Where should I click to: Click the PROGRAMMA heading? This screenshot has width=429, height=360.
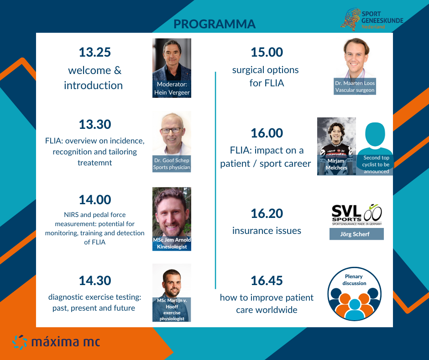[x=214, y=24]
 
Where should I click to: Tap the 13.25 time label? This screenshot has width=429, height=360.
[x=94, y=52]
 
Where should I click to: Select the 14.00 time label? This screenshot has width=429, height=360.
[x=95, y=200]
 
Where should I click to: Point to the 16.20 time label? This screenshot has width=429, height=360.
[x=267, y=213]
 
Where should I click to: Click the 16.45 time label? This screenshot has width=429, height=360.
[x=267, y=281]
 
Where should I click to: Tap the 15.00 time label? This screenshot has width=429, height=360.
[x=267, y=52]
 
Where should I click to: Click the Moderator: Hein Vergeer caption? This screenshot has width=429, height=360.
[x=172, y=88]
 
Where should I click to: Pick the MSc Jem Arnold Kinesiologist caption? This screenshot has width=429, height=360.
[x=172, y=243]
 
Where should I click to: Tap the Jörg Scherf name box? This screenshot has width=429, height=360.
[x=356, y=234]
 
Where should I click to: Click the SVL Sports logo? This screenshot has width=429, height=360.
[x=357, y=215]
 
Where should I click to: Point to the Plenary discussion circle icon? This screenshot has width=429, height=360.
[x=354, y=294]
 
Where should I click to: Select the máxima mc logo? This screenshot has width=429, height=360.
[x=56, y=342]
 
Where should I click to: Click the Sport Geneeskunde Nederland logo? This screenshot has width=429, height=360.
[x=372, y=19]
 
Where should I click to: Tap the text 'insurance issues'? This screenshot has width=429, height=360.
[x=267, y=231]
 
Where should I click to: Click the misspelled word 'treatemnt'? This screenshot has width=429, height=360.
[x=94, y=163]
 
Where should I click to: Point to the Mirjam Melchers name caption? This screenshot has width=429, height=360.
[x=336, y=164]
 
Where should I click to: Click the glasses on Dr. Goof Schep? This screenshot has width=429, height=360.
[x=172, y=130]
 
